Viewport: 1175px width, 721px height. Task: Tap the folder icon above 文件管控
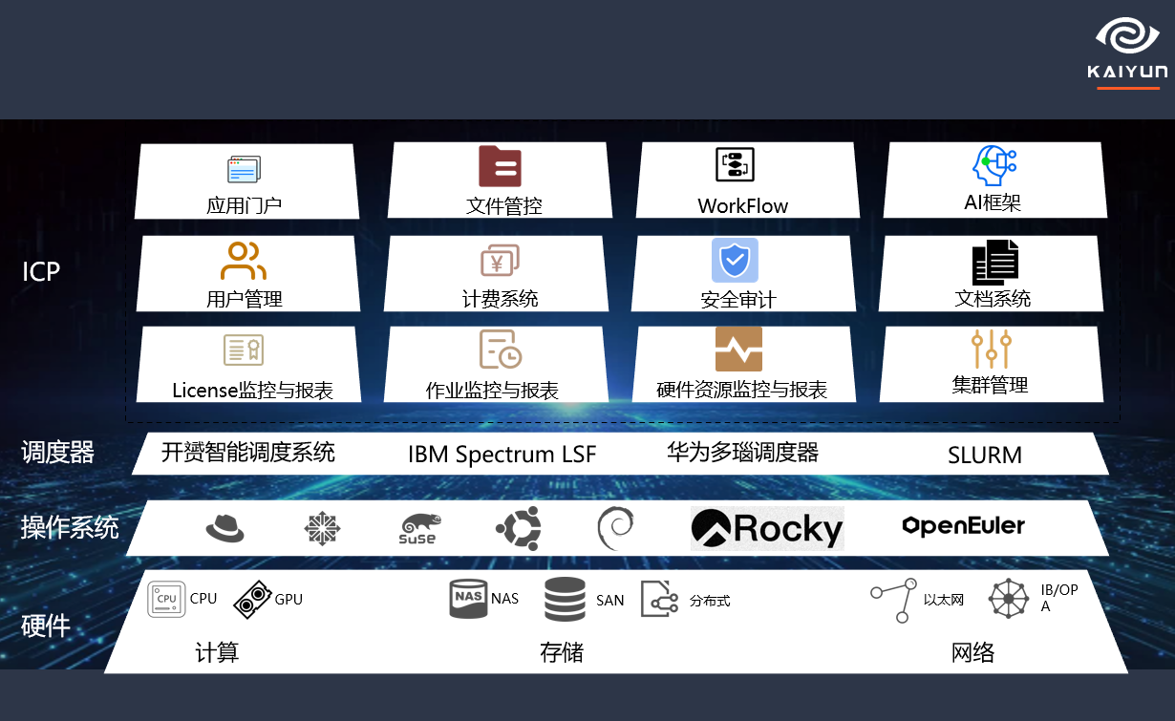tap(500, 166)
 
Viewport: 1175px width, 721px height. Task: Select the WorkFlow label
tap(742, 205)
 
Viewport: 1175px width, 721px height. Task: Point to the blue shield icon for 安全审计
tap(735, 260)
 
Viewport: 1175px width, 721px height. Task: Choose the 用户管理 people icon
tap(244, 261)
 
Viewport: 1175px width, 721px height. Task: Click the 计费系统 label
tap(500, 299)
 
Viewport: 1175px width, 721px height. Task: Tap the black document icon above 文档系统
tap(994, 262)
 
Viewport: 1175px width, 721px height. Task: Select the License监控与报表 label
tap(252, 390)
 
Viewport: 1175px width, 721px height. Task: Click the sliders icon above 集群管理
tap(992, 350)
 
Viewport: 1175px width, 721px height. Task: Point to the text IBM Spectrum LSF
tap(502, 455)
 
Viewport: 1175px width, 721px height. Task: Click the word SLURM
tap(984, 456)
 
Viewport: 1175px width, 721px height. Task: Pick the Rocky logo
tap(767, 528)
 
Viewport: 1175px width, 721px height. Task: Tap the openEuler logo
tap(963, 525)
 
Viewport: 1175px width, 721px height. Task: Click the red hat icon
tap(225, 527)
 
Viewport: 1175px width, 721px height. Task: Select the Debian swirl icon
tap(614, 527)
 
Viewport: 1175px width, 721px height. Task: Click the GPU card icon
tap(252, 599)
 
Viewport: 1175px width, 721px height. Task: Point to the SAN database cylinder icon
tap(566, 600)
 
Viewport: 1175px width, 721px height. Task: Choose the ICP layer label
tap(41, 272)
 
